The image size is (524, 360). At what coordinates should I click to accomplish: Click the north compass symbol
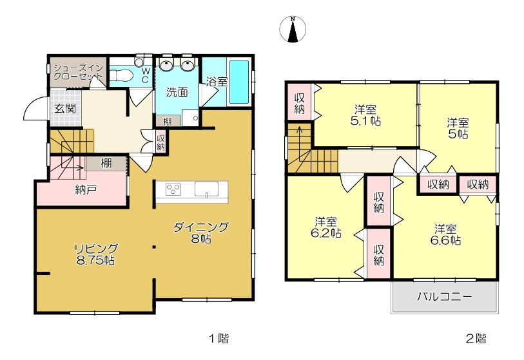click(293, 30)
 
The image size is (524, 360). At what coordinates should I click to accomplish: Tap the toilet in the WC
click(121, 75)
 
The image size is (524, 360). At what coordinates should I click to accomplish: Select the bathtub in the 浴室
click(239, 82)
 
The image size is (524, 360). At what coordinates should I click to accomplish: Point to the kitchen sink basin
click(206, 189)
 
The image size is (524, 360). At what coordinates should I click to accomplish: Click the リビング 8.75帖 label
click(95, 254)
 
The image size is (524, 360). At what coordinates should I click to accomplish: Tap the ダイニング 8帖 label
click(201, 232)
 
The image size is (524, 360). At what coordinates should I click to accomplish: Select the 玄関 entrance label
click(65, 109)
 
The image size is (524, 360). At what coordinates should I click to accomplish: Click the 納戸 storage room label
click(86, 190)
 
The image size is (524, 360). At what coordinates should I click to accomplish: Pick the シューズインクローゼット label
click(79, 72)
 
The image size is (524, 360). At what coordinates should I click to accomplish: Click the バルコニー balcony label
click(445, 296)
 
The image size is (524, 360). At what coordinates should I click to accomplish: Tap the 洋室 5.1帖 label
click(365, 115)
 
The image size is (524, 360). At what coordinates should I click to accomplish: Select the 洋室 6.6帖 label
click(445, 235)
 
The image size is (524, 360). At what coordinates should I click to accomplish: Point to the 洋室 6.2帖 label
click(326, 227)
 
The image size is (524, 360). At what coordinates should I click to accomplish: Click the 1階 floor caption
click(219, 339)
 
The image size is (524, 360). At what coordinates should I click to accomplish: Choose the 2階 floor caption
click(476, 339)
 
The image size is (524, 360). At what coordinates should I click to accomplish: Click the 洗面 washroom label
click(177, 92)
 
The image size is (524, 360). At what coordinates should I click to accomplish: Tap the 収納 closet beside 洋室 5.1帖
click(300, 103)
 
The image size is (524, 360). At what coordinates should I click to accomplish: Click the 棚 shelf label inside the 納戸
click(106, 164)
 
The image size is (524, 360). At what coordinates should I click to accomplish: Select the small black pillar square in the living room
click(154, 247)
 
